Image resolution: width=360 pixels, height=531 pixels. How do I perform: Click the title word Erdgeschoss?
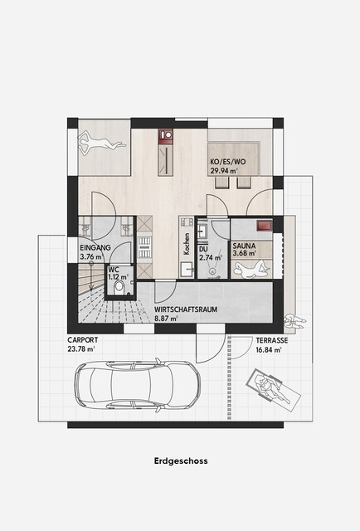[x=181, y=461]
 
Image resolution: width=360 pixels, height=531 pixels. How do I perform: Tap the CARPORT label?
[x=83, y=339]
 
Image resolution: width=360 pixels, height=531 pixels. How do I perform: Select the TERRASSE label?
[x=272, y=340]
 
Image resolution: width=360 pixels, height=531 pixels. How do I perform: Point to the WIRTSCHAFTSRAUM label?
[x=186, y=309]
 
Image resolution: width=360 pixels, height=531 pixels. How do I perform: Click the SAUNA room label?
[x=244, y=246]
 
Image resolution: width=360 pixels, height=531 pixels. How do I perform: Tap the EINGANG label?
[x=95, y=247]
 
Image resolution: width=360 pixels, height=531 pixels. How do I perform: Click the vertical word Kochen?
[x=187, y=243]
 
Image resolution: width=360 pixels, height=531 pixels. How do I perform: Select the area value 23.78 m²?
[x=81, y=349]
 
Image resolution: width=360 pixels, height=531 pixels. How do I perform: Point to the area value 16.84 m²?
[x=269, y=350]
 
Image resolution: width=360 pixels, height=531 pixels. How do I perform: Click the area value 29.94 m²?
[x=224, y=171]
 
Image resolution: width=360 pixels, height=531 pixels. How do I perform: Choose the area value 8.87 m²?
[x=166, y=319]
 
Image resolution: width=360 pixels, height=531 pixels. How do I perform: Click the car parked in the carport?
[x=138, y=385]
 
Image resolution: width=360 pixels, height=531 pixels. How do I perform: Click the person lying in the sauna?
[x=252, y=268]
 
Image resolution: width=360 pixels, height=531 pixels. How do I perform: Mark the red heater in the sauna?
[x=264, y=226]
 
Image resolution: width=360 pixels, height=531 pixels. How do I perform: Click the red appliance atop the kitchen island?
[x=166, y=134]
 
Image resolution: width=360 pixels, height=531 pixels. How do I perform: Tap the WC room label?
[x=114, y=270]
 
